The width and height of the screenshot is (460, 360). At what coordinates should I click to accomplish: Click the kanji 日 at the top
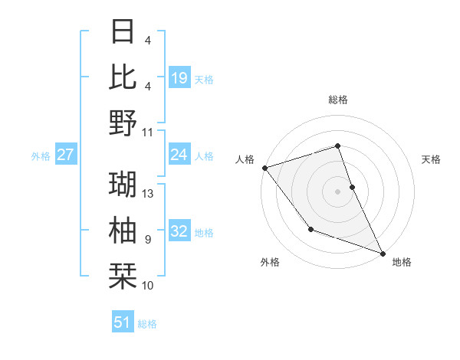point(123,33)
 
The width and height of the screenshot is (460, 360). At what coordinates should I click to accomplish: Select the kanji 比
point(123,77)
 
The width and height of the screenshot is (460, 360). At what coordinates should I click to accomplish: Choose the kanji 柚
point(123,229)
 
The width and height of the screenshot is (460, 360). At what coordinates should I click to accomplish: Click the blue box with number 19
point(179,77)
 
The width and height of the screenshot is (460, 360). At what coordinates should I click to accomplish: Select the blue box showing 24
point(179,155)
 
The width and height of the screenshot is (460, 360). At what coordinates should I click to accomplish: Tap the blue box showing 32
point(179,232)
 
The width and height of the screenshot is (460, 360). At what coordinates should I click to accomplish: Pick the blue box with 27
point(66,155)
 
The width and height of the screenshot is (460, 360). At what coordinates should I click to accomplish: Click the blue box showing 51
point(123,322)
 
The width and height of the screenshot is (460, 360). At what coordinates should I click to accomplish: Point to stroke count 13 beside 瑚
point(149,193)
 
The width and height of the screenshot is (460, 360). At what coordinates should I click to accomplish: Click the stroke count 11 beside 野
point(149,132)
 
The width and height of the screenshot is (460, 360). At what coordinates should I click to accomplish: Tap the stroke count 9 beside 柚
point(148,239)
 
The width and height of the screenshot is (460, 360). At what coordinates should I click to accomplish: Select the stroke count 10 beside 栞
point(149,285)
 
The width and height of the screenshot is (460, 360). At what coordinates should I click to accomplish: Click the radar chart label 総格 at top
point(337,100)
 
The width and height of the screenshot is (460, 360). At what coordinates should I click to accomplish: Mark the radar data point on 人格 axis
point(264,167)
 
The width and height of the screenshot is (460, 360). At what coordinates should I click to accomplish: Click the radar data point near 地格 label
point(383,253)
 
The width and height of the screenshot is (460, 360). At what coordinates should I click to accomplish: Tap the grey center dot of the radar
point(337,191)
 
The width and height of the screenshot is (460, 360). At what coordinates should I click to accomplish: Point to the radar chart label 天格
point(432,159)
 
